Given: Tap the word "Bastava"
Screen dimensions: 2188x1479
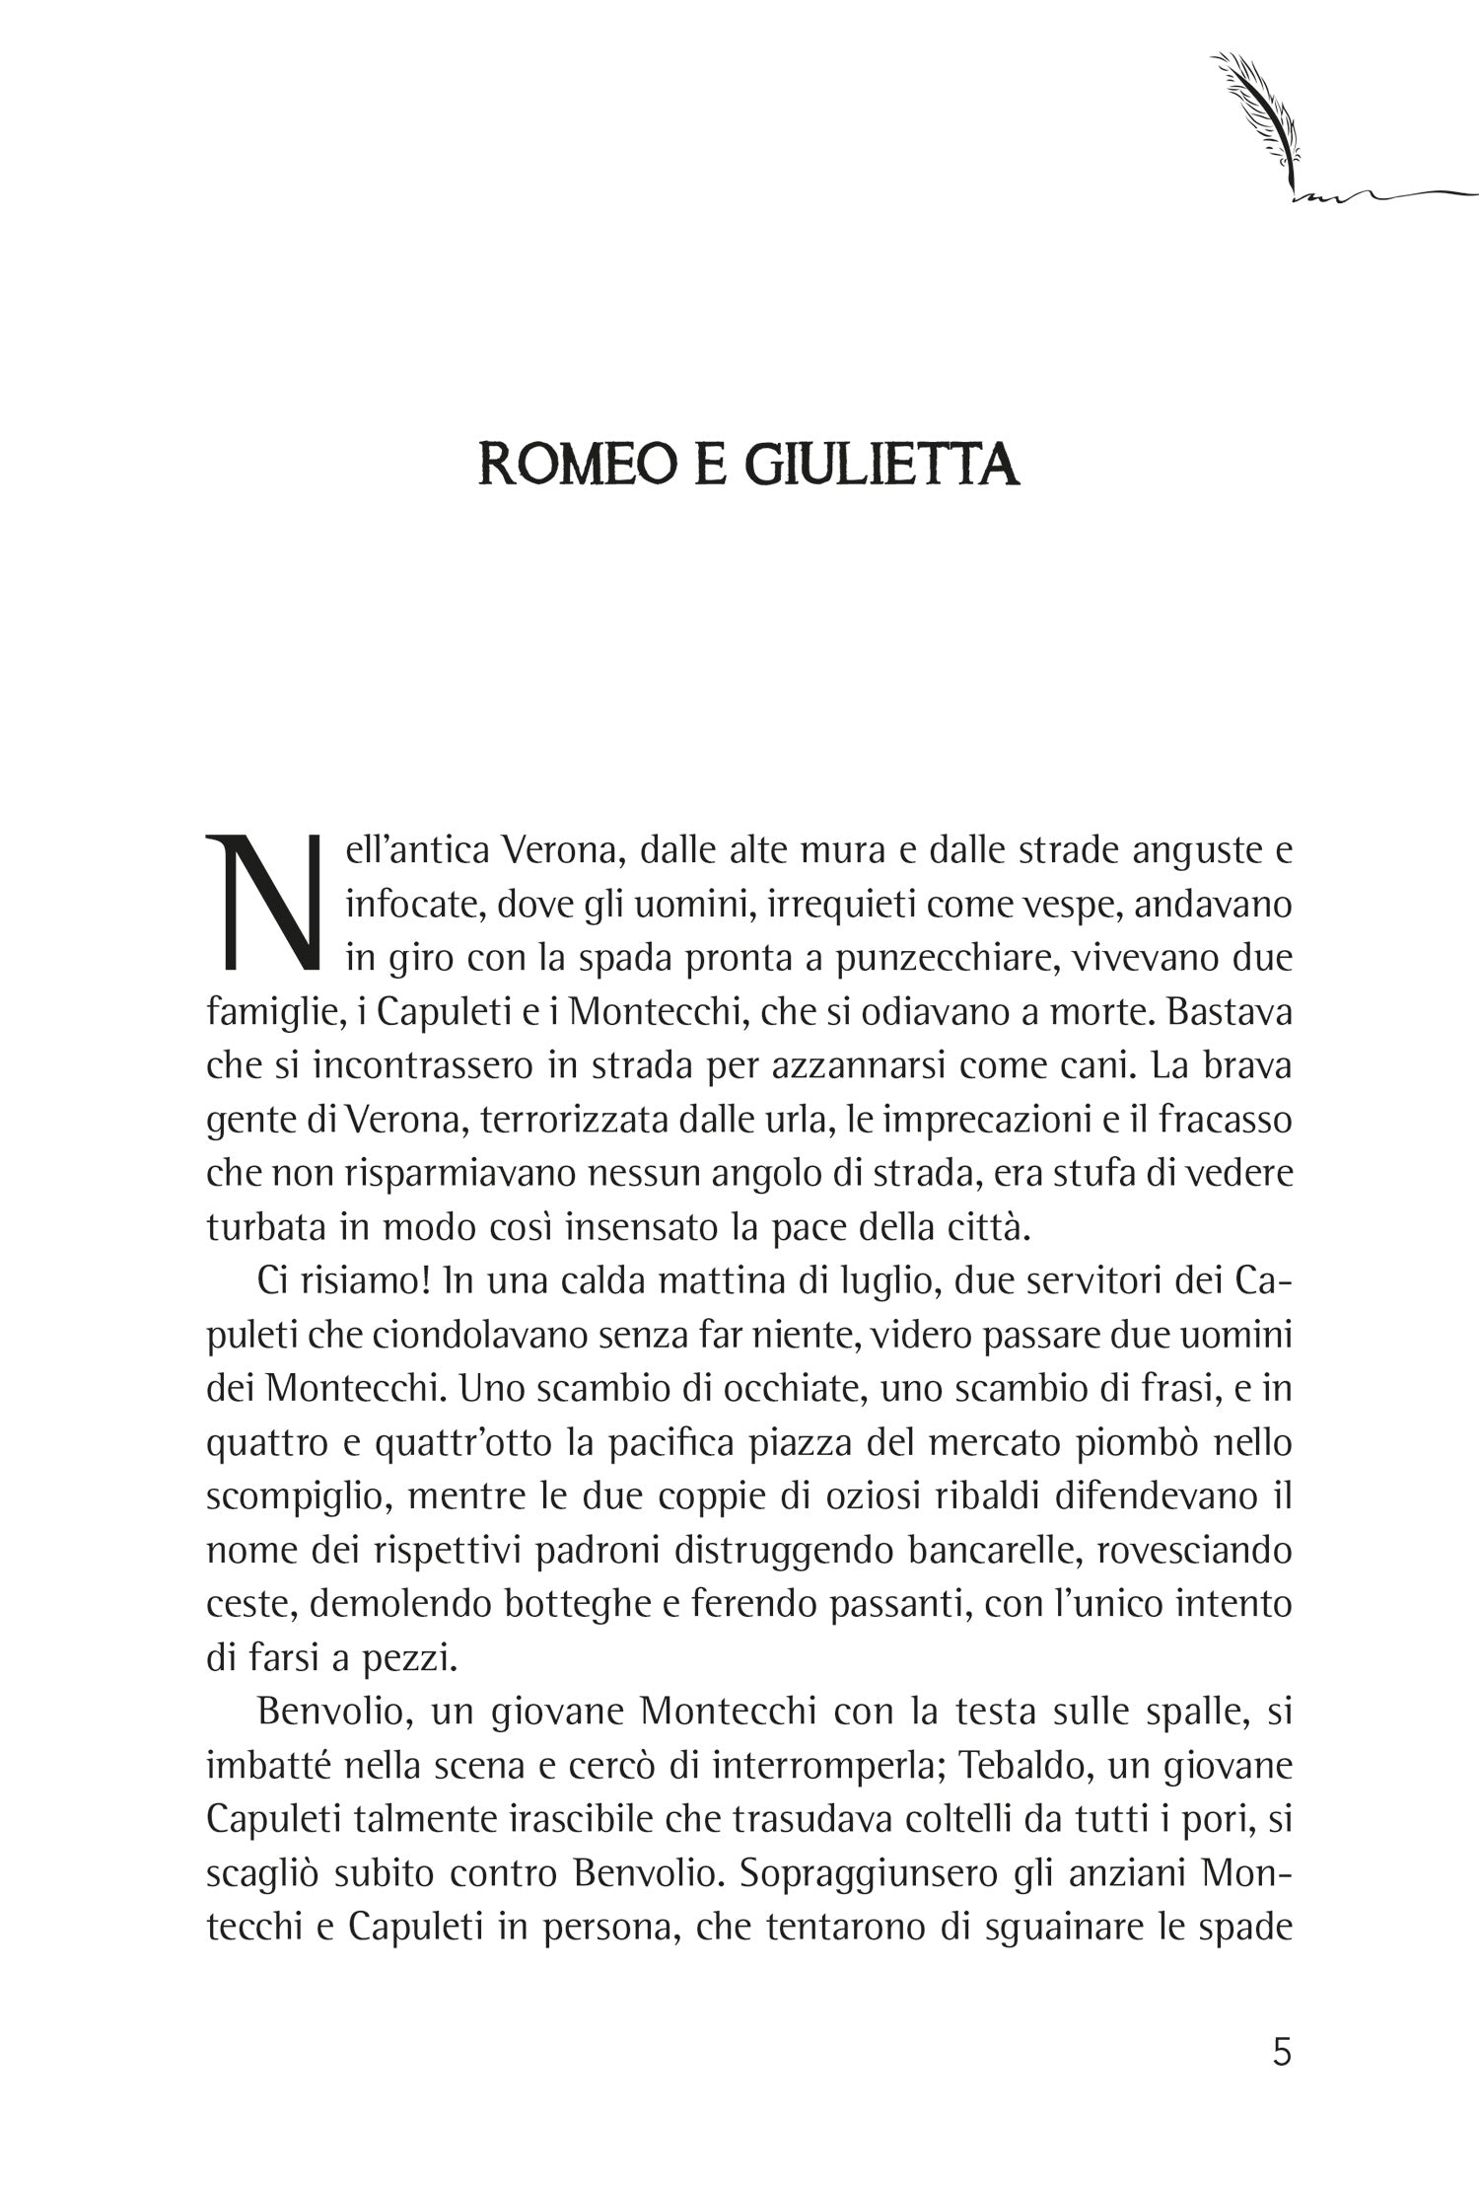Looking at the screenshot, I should pos(1232,1013).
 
